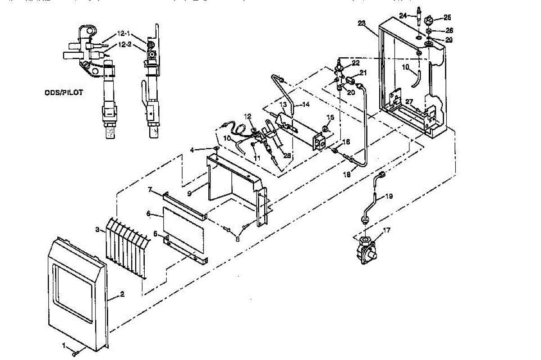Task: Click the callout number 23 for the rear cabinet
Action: (362, 23)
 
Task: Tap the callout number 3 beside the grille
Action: (97, 230)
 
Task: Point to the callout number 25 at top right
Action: (447, 18)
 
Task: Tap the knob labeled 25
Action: (430, 20)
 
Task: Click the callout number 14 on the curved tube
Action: (306, 104)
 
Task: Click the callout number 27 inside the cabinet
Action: (409, 101)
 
